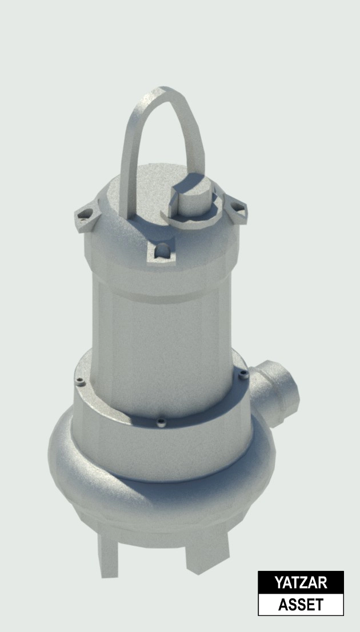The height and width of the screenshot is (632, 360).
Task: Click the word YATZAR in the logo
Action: (x=301, y=582)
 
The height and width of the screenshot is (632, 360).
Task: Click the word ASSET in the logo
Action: (x=301, y=605)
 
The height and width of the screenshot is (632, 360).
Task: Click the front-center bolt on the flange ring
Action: (x=161, y=422)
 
